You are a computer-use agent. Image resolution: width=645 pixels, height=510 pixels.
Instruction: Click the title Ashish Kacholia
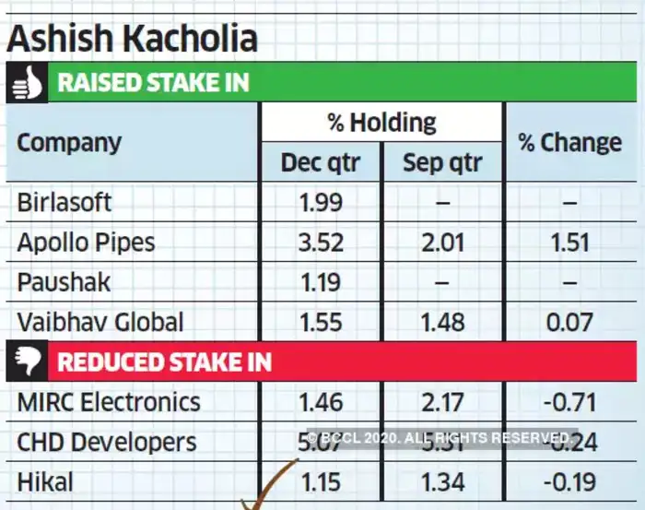[132, 39]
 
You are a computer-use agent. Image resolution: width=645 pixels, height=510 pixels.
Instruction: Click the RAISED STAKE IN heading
[153, 82]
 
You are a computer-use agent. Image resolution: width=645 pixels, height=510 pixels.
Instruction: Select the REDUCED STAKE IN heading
[165, 361]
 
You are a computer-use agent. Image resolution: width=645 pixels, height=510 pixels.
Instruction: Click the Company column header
[69, 143]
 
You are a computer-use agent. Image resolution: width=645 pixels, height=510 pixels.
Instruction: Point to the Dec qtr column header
[321, 163]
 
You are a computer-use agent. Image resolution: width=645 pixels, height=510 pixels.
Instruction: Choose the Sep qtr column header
[442, 163]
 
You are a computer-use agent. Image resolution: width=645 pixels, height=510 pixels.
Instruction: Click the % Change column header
[569, 143]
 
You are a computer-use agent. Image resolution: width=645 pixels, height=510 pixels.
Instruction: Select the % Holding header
[381, 122]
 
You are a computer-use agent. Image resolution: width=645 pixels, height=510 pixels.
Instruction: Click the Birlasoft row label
[64, 202]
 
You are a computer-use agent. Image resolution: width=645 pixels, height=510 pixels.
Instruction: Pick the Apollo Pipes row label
[86, 243]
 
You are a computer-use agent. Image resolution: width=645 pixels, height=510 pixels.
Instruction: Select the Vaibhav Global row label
[100, 322]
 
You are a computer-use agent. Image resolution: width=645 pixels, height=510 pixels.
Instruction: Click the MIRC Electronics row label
[108, 402]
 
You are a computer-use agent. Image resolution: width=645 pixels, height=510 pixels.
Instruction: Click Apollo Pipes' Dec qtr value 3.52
[321, 243]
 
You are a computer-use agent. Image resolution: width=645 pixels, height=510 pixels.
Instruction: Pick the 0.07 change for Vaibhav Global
[569, 322]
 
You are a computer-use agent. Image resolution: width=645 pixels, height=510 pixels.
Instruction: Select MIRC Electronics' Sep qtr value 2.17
[442, 402]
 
